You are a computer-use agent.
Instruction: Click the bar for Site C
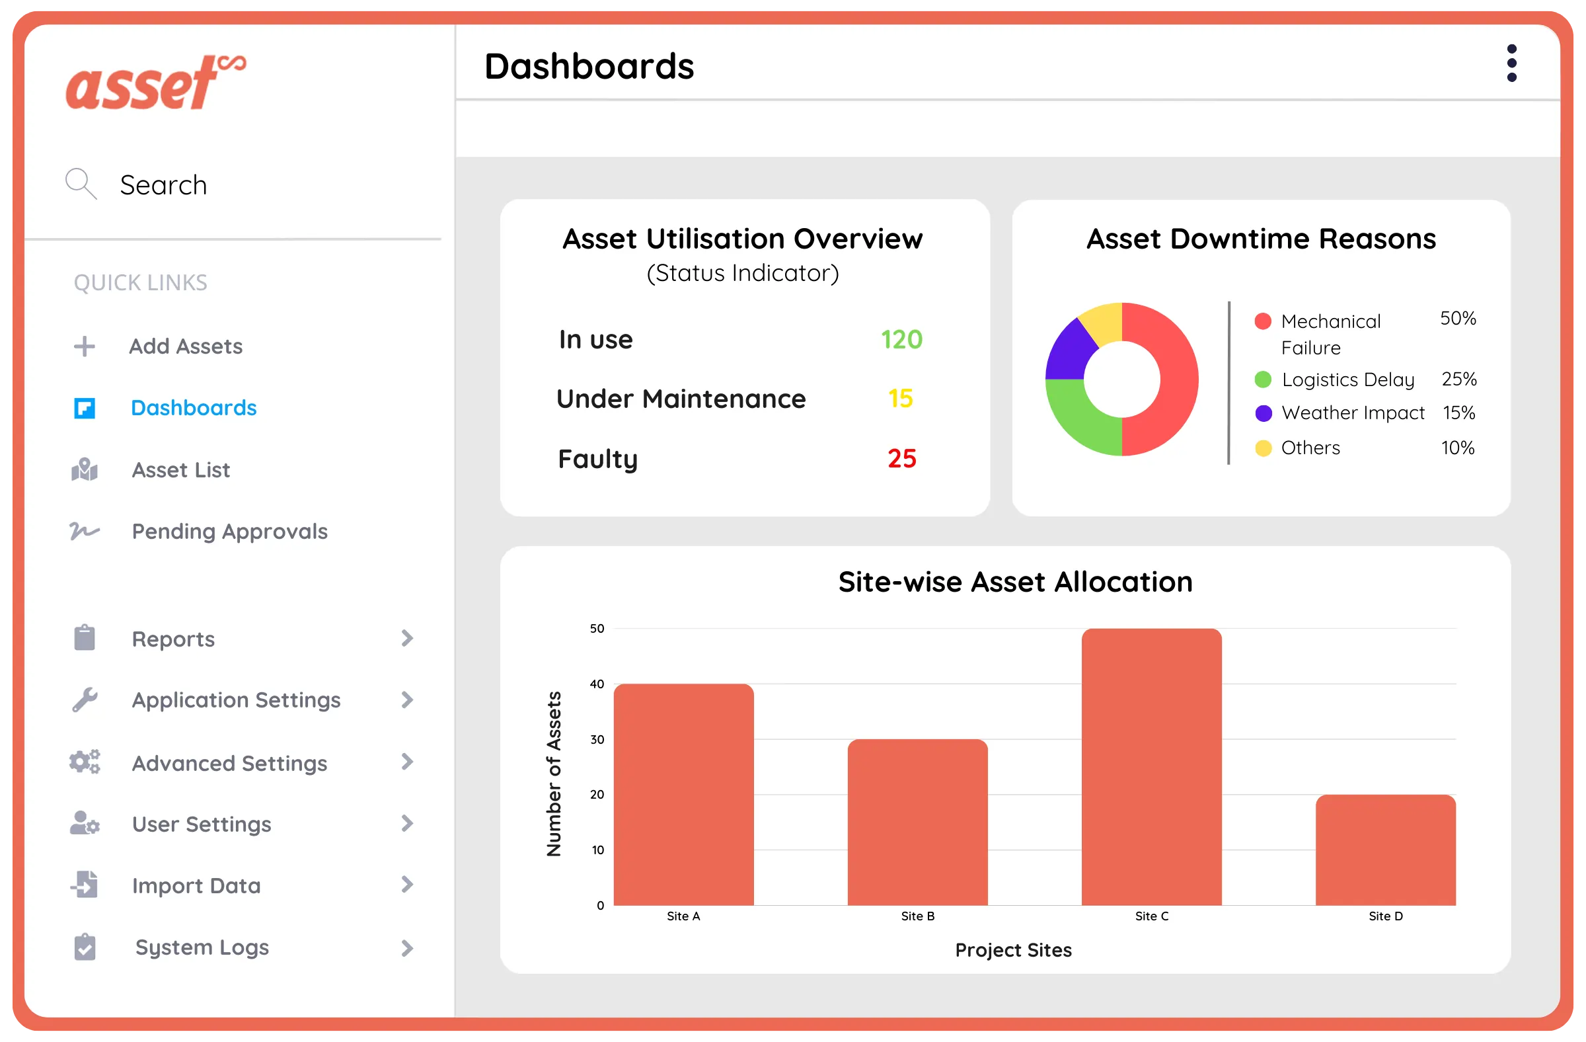pyautogui.click(x=1151, y=767)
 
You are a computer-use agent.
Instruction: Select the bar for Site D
pyautogui.click(x=1384, y=850)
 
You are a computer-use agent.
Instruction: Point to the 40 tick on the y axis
pyautogui.click(x=597, y=684)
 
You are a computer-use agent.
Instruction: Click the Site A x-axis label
pyautogui.click(x=683, y=916)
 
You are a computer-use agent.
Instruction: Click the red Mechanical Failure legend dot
pyautogui.click(x=1262, y=321)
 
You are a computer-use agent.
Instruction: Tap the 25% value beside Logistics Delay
pyautogui.click(x=1458, y=380)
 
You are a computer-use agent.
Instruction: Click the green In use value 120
pyautogui.click(x=901, y=340)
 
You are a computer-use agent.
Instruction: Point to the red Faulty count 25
pyautogui.click(x=901, y=459)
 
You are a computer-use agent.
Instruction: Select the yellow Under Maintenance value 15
pyautogui.click(x=900, y=399)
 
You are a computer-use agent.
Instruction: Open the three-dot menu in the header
pyautogui.click(x=1511, y=64)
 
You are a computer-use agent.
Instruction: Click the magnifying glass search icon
pyautogui.click(x=81, y=183)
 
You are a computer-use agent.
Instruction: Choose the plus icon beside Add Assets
pyautogui.click(x=85, y=346)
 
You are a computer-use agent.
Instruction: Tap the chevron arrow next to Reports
pyautogui.click(x=407, y=639)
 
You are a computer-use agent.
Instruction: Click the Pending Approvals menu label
pyautogui.click(x=229, y=532)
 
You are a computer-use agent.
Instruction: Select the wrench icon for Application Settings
pyautogui.click(x=85, y=700)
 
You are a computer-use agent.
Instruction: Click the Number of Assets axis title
pyautogui.click(x=554, y=774)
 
